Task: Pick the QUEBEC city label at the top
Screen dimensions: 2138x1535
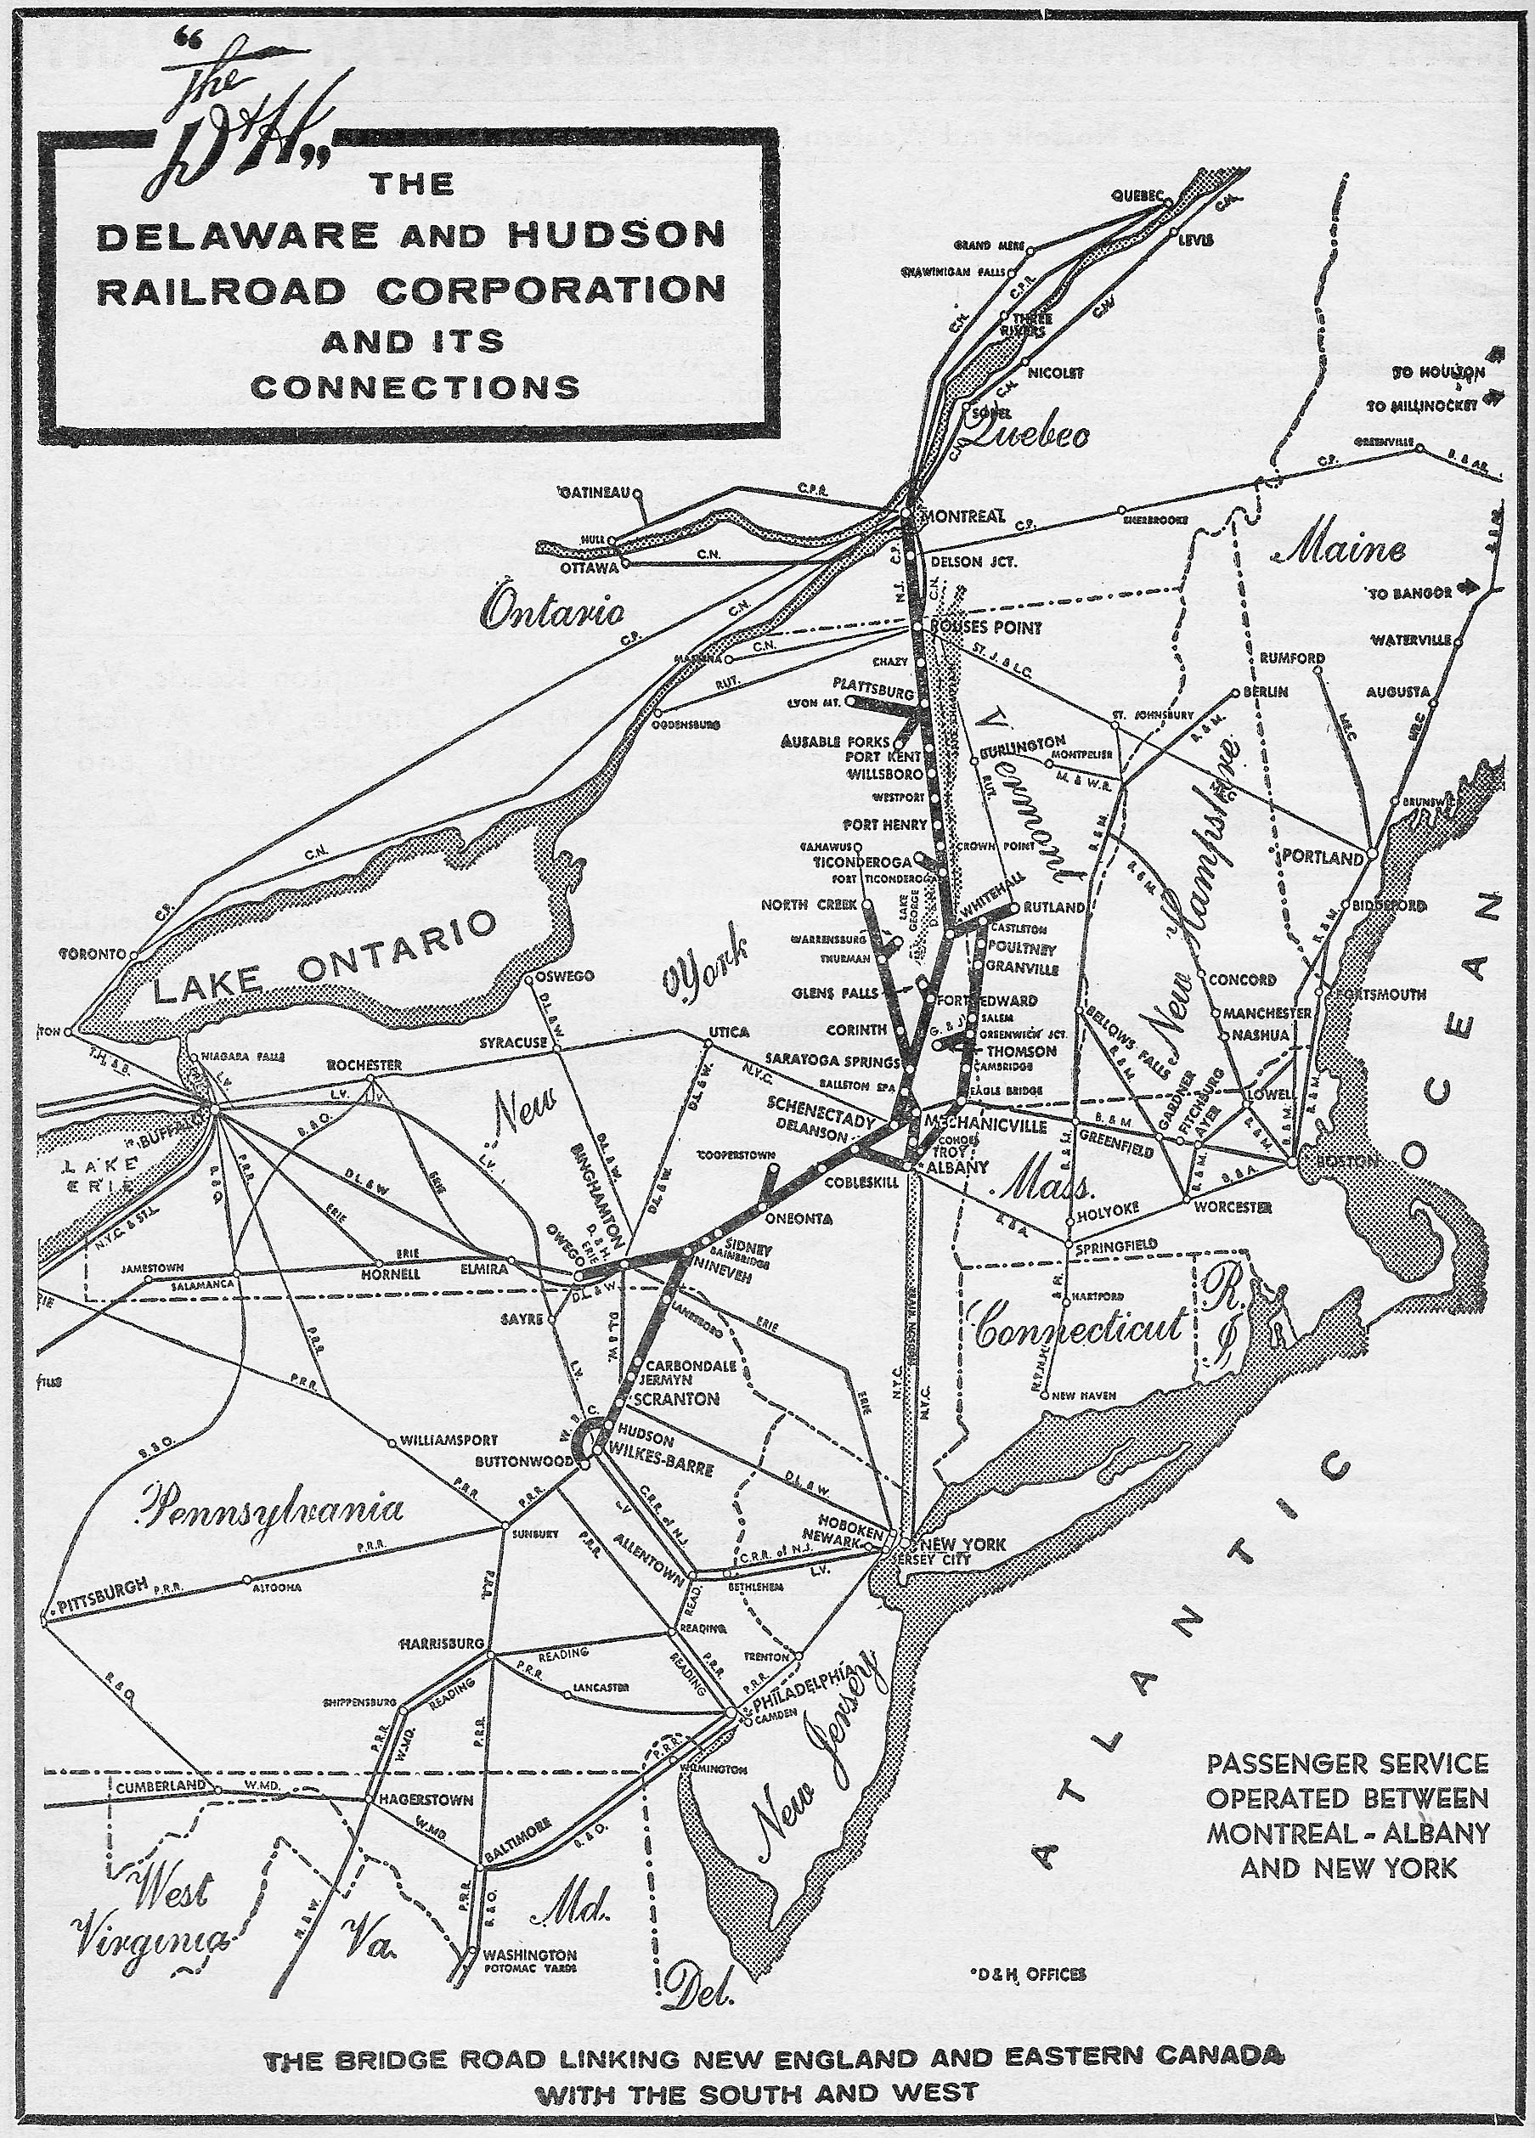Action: coord(1138,196)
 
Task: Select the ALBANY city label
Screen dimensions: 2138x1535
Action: coord(957,1166)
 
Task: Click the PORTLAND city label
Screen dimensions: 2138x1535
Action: coord(1322,858)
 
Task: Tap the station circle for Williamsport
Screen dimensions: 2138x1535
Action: coord(392,1442)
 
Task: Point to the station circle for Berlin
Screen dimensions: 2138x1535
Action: coord(1235,693)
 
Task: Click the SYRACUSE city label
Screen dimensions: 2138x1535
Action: coord(514,1042)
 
